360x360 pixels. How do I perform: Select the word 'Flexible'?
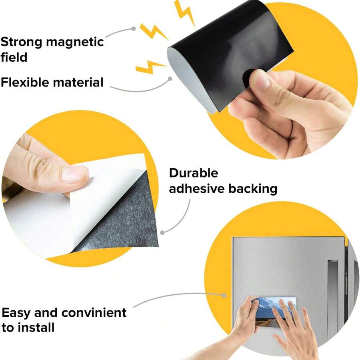click(26, 82)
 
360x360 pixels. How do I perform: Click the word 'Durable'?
click(194, 173)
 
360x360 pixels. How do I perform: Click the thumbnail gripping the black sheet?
click(260, 80)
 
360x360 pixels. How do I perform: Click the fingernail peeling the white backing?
click(74, 174)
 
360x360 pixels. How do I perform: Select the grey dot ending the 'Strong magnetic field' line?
click(134, 29)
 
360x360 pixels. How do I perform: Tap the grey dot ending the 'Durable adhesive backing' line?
click(162, 232)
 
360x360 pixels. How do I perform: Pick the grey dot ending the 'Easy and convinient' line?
click(224, 296)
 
